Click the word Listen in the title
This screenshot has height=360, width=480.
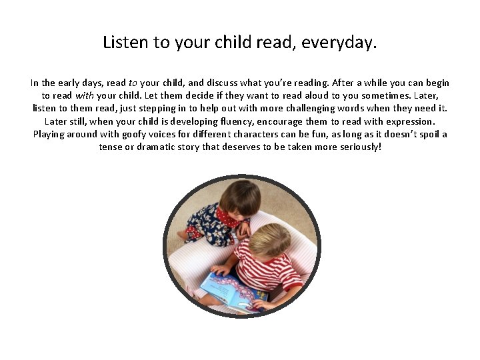pos(126,43)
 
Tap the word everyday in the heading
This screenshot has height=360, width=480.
pos(339,43)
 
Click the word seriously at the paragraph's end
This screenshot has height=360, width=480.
pos(359,147)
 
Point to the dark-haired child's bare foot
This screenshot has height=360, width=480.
pos(182,235)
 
